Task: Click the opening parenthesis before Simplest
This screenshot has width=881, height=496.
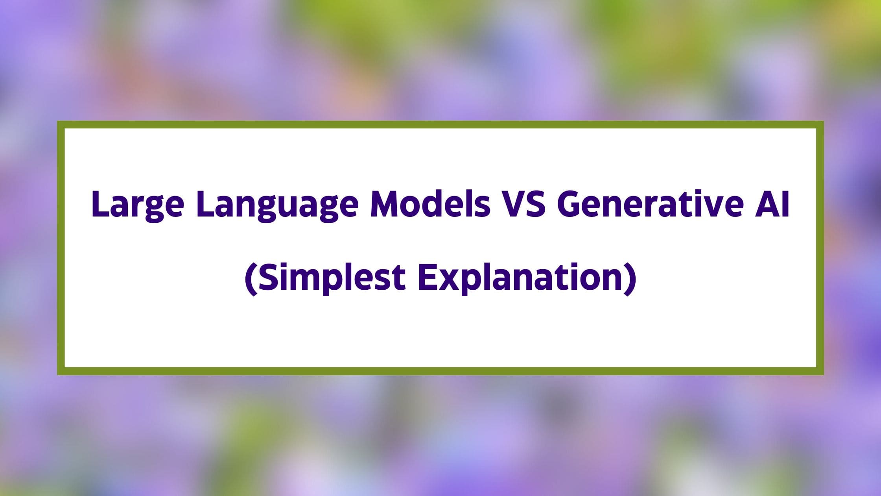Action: tap(250, 279)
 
